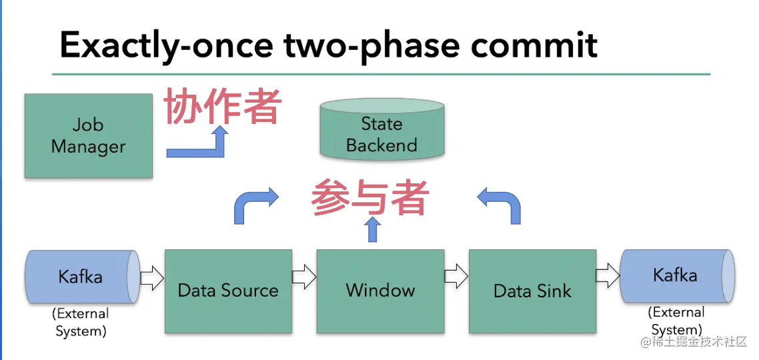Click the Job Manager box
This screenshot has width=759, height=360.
[x=88, y=136]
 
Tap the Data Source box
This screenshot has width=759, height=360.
[x=228, y=291]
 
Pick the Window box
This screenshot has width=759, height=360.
[x=380, y=291]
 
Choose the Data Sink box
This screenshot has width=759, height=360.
[x=532, y=291]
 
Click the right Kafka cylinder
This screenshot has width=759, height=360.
[x=675, y=276]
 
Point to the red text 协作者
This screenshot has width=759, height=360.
[x=223, y=106]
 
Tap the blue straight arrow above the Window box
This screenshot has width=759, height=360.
[x=373, y=229]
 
